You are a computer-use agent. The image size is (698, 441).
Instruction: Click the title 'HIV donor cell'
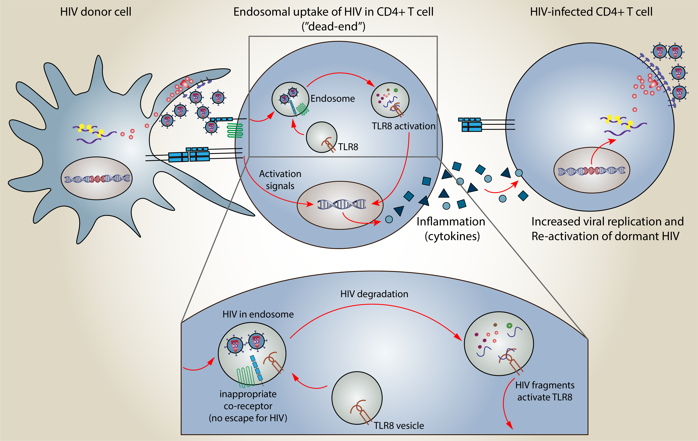96,12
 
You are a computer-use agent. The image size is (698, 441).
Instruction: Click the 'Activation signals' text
280,180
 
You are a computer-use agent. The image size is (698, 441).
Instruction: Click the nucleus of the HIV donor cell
97,178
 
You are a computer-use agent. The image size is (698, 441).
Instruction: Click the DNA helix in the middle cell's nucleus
341,204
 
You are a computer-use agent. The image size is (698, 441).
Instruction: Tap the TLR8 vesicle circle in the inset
357,398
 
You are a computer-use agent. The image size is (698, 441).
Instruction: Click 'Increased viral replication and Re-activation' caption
607,229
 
